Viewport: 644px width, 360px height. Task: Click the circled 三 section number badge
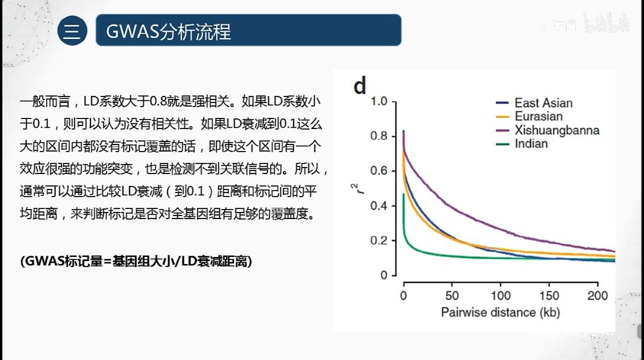[72, 31]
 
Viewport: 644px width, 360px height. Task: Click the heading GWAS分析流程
[168, 31]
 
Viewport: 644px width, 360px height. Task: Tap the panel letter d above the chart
[360, 86]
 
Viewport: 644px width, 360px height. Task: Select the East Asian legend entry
[543, 103]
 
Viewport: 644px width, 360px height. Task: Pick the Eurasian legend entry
[538, 117]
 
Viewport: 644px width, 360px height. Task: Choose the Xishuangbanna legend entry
[556, 130]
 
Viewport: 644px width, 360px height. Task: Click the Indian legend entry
[531, 144]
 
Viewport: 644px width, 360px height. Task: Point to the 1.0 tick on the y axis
[379, 102]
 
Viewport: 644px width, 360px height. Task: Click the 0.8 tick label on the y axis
[379, 136]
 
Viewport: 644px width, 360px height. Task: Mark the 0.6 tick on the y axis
[379, 171]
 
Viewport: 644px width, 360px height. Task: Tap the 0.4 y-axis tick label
[379, 206]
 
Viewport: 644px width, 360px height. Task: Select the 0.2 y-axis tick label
[379, 241]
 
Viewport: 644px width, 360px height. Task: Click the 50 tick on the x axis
[452, 295]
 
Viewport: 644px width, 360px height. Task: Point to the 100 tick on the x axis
[501, 295]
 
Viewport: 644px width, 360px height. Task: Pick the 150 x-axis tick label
[550, 295]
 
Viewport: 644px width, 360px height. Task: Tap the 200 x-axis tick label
[598, 295]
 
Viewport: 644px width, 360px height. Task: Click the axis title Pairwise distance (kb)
[500, 312]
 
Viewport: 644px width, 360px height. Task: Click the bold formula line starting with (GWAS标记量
[136, 261]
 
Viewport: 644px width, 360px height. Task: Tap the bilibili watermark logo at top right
[606, 25]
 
